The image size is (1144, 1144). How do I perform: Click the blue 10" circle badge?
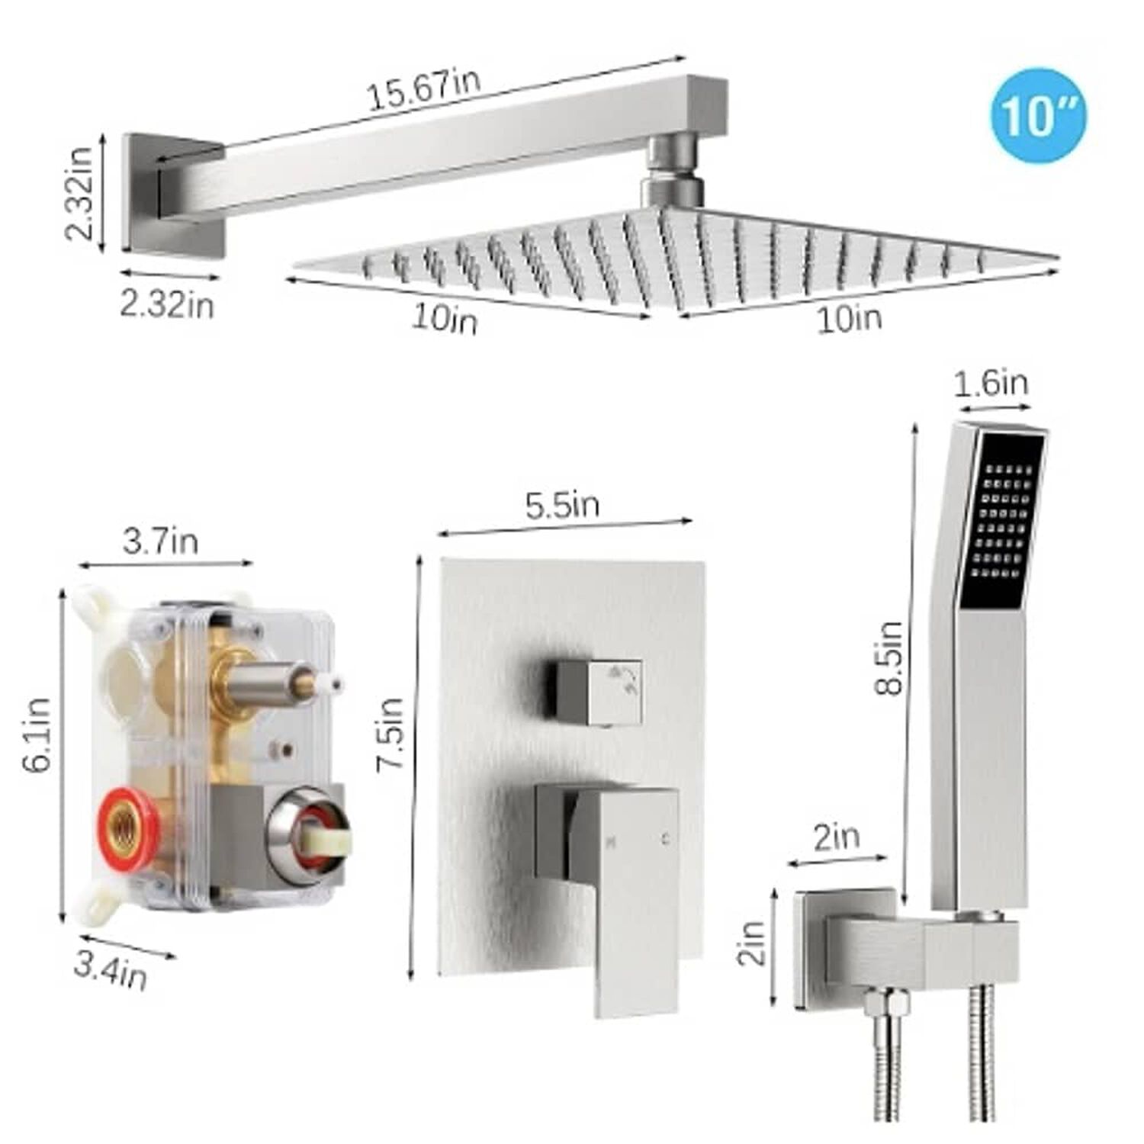[x=1038, y=115]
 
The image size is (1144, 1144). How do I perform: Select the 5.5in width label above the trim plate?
[x=562, y=505]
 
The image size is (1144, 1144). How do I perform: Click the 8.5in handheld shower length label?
[x=889, y=657]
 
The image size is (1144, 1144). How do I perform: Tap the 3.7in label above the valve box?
[x=160, y=541]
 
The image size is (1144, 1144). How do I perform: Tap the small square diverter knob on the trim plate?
[x=599, y=691]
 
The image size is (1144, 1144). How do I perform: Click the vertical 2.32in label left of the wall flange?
[x=79, y=193]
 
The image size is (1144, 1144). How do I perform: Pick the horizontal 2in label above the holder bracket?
[x=837, y=837]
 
